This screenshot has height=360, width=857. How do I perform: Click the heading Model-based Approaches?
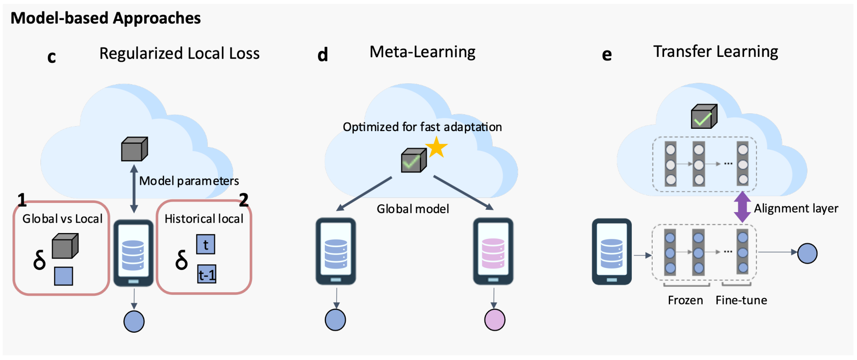tap(106, 18)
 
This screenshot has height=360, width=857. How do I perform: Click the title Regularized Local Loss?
tap(179, 54)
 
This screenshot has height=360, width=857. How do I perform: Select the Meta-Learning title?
tap(422, 52)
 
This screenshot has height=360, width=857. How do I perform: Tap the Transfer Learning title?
tap(716, 52)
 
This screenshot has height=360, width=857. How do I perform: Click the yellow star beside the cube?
tap(436, 147)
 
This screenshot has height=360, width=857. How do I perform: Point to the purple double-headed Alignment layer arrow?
tap(742, 207)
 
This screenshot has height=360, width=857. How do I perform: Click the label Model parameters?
tap(189, 181)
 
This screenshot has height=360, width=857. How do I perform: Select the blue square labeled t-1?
tap(207, 274)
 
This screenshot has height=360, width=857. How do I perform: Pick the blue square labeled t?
tap(206, 245)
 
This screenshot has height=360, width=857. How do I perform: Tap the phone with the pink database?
tap(493, 251)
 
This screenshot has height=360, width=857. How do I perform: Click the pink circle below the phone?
tap(494, 320)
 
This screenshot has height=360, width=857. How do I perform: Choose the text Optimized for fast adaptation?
tap(422, 127)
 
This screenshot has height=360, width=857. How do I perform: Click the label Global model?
tap(413, 209)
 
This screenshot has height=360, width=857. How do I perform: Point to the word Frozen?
tap(685, 300)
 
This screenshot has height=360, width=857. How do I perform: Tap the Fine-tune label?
tap(741, 300)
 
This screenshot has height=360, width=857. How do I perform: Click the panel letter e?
tap(606, 55)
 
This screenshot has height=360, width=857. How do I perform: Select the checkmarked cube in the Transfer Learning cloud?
tap(704, 117)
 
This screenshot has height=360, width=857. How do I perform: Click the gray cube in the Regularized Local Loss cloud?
tap(134, 149)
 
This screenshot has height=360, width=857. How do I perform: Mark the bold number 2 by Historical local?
tap(244, 200)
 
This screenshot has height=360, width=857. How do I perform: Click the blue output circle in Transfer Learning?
tap(807, 254)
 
